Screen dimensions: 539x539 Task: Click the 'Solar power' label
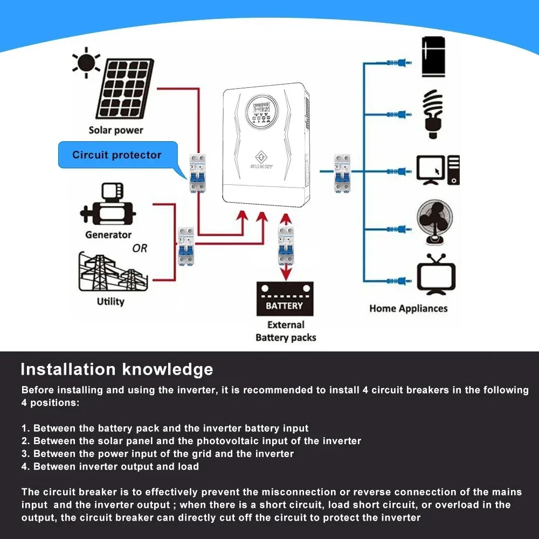(x=116, y=130)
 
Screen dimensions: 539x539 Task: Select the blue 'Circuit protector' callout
(x=117, y=155)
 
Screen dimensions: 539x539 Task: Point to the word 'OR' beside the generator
(x=140, y=248)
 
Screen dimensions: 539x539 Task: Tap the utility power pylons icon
(x=110, y=272)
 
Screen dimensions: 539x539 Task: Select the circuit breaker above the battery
(x=286, y=246)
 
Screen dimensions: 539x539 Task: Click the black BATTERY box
(x=285, y=299)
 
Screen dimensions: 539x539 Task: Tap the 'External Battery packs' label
(x=286, y=331)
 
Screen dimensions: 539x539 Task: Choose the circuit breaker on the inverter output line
(x=342, y=172)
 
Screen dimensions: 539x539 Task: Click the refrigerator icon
(x=433, y=57)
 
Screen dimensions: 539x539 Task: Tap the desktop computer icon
(x=438, y=170)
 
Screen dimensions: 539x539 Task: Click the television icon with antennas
(x=436, y=275)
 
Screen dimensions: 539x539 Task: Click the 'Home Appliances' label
(x=408, y=308)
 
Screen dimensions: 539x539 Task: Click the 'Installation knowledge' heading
(x=116, y=369)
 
